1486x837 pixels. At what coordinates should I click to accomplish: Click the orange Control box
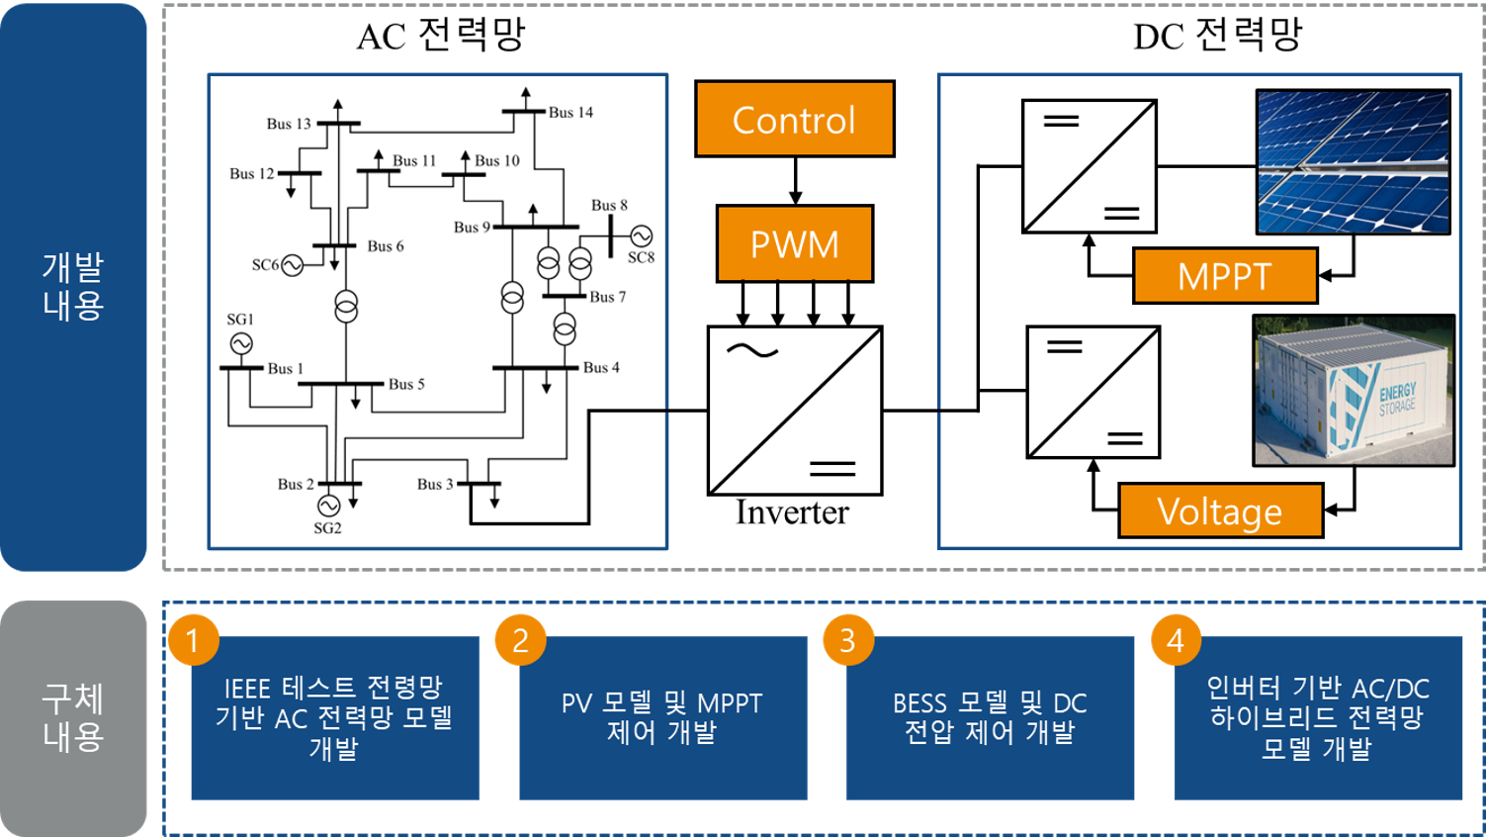794,119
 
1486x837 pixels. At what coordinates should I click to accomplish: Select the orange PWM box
794,243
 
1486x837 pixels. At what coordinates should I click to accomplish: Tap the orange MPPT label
1224,275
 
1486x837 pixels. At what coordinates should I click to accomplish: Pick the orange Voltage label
1220,511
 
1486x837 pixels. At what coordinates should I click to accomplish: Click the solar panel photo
1353,162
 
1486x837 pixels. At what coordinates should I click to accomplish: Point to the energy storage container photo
1353,391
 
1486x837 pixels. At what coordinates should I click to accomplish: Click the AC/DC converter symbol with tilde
794,411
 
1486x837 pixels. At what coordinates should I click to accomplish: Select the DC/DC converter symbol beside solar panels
1089,166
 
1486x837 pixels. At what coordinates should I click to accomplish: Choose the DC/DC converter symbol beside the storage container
1093,392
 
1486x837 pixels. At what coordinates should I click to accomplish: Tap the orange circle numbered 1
193,640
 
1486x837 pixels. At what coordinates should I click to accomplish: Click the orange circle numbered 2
520,640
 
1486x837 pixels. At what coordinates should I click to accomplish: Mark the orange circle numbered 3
847,640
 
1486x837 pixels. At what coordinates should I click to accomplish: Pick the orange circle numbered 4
1176,640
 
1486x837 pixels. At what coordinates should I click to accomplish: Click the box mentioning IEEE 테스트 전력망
334,718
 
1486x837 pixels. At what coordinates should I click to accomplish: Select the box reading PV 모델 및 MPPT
662,718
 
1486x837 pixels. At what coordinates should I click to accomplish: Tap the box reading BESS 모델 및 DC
990,718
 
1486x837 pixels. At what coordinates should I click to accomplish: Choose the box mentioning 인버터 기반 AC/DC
1318,718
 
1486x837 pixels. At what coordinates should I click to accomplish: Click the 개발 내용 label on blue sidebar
73,286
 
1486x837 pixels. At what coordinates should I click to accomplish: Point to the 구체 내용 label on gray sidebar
73,717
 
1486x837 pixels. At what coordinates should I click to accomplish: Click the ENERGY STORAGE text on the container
1398,398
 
